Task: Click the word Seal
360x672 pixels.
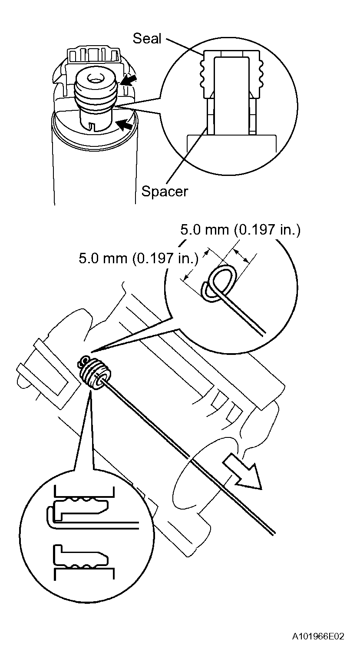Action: click(147, 38)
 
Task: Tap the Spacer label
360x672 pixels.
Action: click(165, 191)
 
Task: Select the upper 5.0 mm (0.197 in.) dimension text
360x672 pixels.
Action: click(240, 230)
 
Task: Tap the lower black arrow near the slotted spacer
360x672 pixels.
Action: click(126, 125)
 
